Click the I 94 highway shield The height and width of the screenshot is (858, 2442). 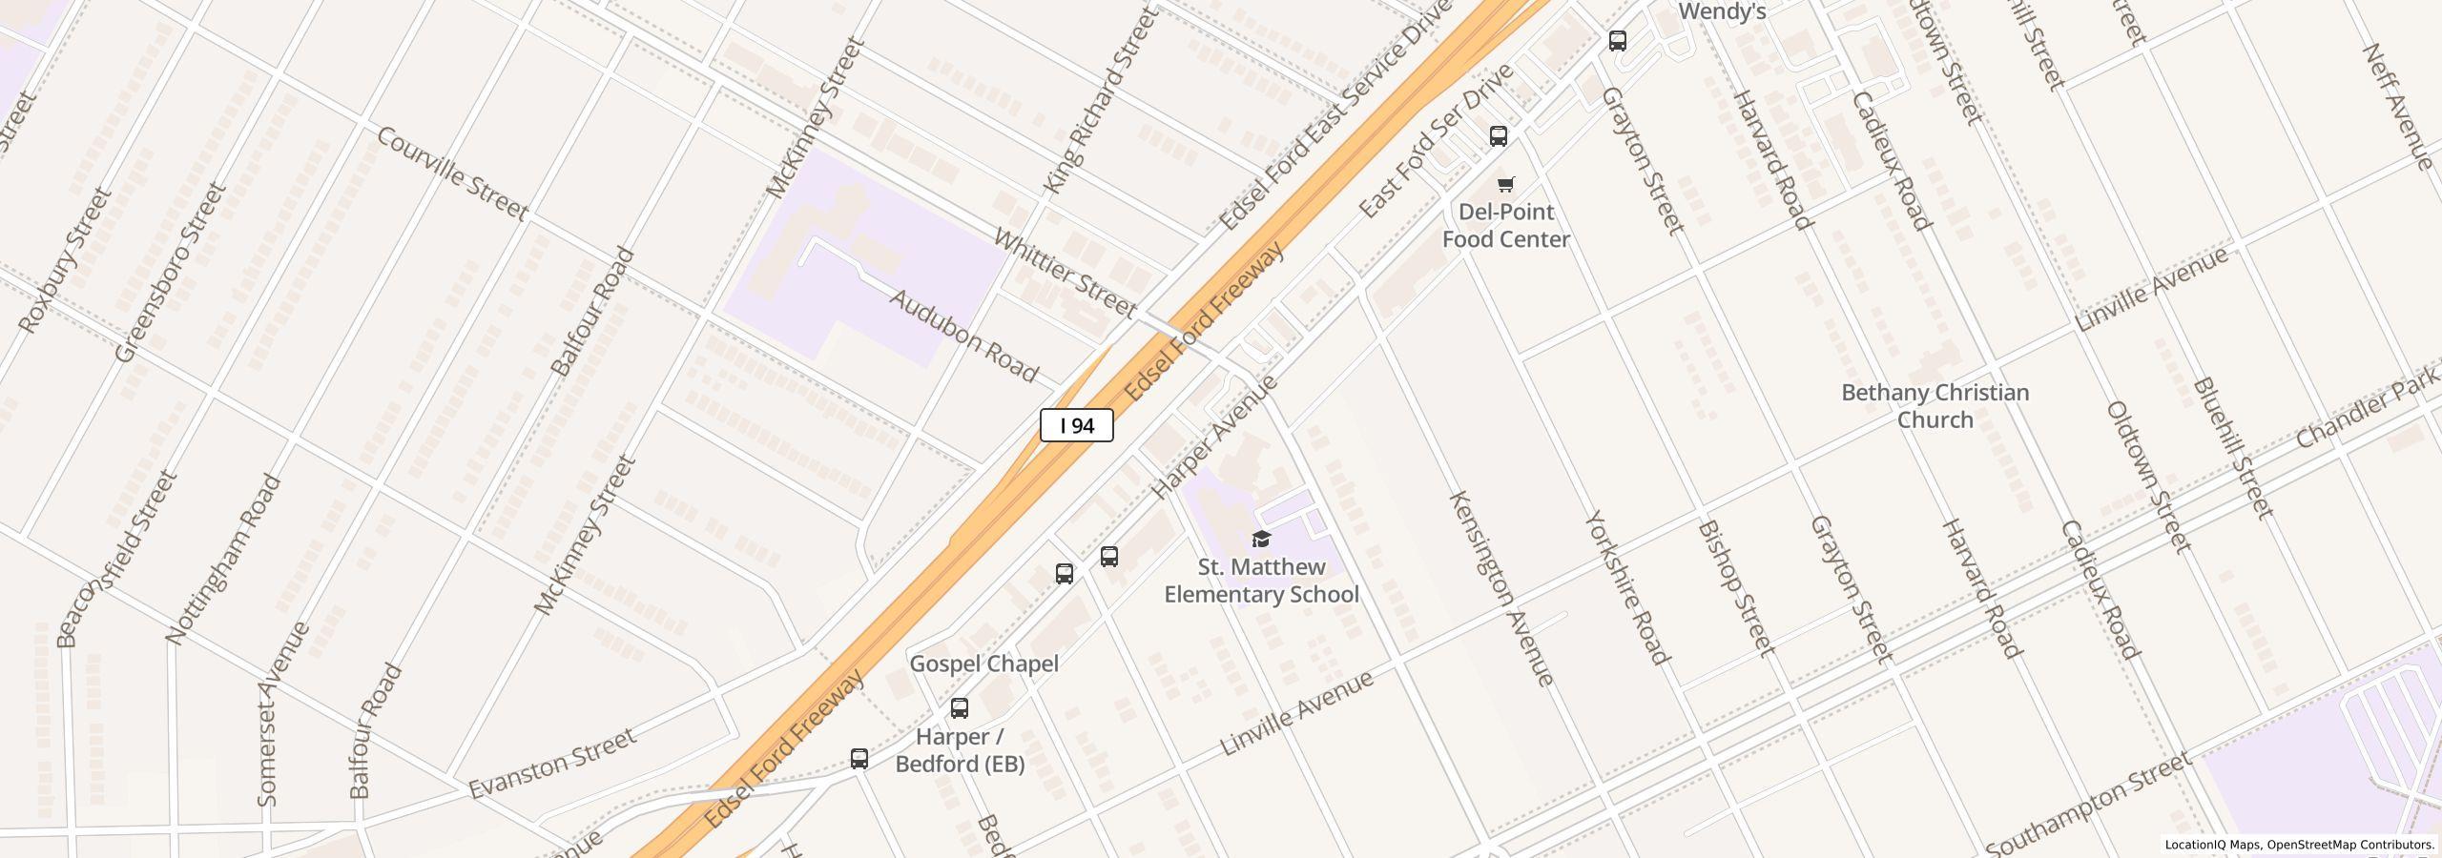point(1076,426)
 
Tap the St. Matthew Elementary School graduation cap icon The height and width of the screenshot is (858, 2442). point(1261,540)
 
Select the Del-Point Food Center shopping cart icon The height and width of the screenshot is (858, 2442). point(1505,185)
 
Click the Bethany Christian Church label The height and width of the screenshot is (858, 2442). point(1935,406)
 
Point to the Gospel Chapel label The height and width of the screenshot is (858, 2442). point(983,664)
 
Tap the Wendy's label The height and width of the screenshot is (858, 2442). point(1722,11)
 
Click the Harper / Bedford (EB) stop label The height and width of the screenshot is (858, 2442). point(960,750)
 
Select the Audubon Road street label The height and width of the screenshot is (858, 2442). point(963,336)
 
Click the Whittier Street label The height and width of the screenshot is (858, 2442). point(1065,273)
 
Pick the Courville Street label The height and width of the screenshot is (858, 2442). point(451,174)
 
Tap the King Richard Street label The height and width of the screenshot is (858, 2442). point(1101,100)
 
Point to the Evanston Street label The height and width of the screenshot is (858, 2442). point(551,764)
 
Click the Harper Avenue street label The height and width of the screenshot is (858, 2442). point(1213,437)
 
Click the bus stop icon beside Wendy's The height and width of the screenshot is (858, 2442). point(1617,41)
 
